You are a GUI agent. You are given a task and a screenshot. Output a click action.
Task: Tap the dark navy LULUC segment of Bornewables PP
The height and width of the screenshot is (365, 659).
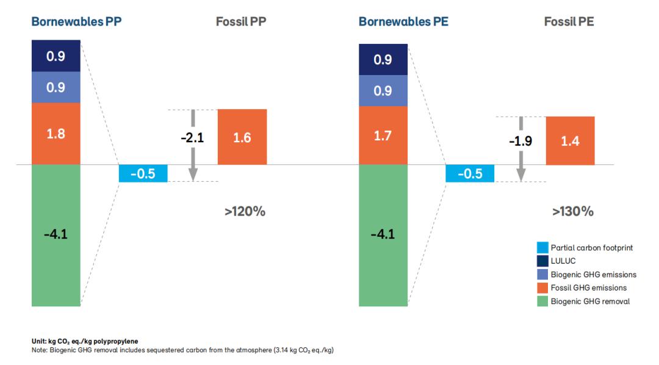[56, 56]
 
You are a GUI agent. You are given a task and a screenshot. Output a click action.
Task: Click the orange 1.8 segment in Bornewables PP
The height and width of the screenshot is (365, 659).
[56, 134]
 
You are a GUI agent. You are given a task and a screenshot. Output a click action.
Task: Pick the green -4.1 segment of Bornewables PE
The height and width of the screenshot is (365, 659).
[383, 235]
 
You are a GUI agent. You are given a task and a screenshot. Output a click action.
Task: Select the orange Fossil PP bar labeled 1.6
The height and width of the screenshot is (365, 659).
[242, 137]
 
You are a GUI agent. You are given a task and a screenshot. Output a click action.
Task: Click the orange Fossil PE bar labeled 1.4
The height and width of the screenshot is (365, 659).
[570, 141]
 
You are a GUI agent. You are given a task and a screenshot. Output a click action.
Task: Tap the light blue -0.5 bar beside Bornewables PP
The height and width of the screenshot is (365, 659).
[142, 173]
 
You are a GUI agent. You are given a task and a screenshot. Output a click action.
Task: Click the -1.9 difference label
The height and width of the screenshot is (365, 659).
[520, 141]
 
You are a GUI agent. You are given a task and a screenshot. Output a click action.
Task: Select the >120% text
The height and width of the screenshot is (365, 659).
[245, 212]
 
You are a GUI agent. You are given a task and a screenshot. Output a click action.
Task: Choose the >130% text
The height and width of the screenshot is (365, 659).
[572, 212]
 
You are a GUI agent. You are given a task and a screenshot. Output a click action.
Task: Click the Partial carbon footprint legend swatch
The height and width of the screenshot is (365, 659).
[542, 248]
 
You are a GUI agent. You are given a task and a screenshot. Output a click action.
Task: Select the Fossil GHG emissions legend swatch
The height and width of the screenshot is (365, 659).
[542, 287]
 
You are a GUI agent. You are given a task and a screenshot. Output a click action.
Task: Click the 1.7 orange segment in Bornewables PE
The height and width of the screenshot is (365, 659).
[383, 136]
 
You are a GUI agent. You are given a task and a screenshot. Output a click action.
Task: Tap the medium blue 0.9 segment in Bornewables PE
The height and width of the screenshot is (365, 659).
[383, 91]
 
